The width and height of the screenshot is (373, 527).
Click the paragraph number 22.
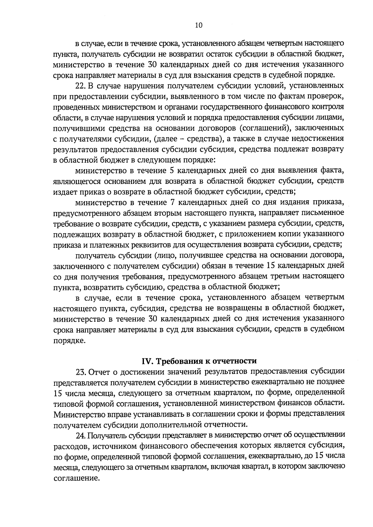click(81, 85)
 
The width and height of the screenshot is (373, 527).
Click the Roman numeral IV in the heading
click(146, 361)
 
